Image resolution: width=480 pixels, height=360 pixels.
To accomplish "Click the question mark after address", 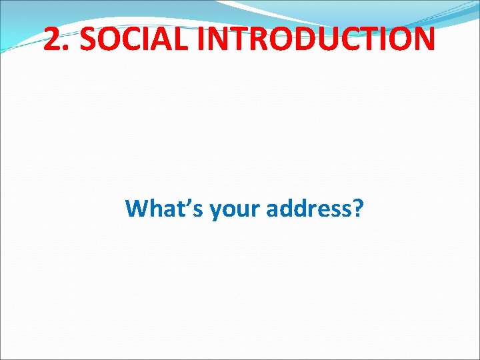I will coord(358,209).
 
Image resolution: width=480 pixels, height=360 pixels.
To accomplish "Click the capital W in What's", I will coord(137,209).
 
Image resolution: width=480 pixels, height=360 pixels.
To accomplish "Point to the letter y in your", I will coord(215,213).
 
